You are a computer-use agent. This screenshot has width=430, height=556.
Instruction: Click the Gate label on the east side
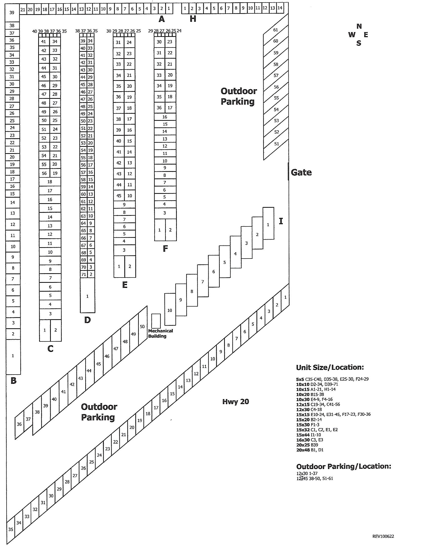coord(301,172)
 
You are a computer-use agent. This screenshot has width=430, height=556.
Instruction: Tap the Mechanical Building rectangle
coord(156,321)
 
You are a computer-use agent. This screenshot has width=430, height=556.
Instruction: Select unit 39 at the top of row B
coord(12,12)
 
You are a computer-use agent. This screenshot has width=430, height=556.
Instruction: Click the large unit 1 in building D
coord(87,296)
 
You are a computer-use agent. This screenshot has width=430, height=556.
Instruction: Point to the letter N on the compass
coord(359,26)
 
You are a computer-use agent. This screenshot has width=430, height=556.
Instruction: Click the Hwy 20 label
coord(235,402)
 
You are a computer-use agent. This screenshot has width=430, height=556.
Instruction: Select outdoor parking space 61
coord(275,30)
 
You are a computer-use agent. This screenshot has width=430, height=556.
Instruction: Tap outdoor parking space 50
coord(142,327)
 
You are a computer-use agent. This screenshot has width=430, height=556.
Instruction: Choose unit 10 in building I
coord(170,310)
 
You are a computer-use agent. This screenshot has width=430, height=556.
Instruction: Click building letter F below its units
coord(165,248)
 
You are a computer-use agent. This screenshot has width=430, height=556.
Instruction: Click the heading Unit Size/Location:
coord(330,367)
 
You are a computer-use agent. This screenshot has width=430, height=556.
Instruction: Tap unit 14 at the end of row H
coord(280,8)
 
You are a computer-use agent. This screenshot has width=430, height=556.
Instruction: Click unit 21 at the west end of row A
coord(23,10)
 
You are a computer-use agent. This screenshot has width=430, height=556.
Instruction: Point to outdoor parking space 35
coord(10,529)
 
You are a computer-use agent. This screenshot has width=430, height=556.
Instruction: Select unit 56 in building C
coord(44,173)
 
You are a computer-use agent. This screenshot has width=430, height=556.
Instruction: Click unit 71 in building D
coord(83,274)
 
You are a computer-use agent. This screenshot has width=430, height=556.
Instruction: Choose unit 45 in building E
coord(119,196)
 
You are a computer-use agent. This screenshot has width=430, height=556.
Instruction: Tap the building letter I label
coord(281,221)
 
